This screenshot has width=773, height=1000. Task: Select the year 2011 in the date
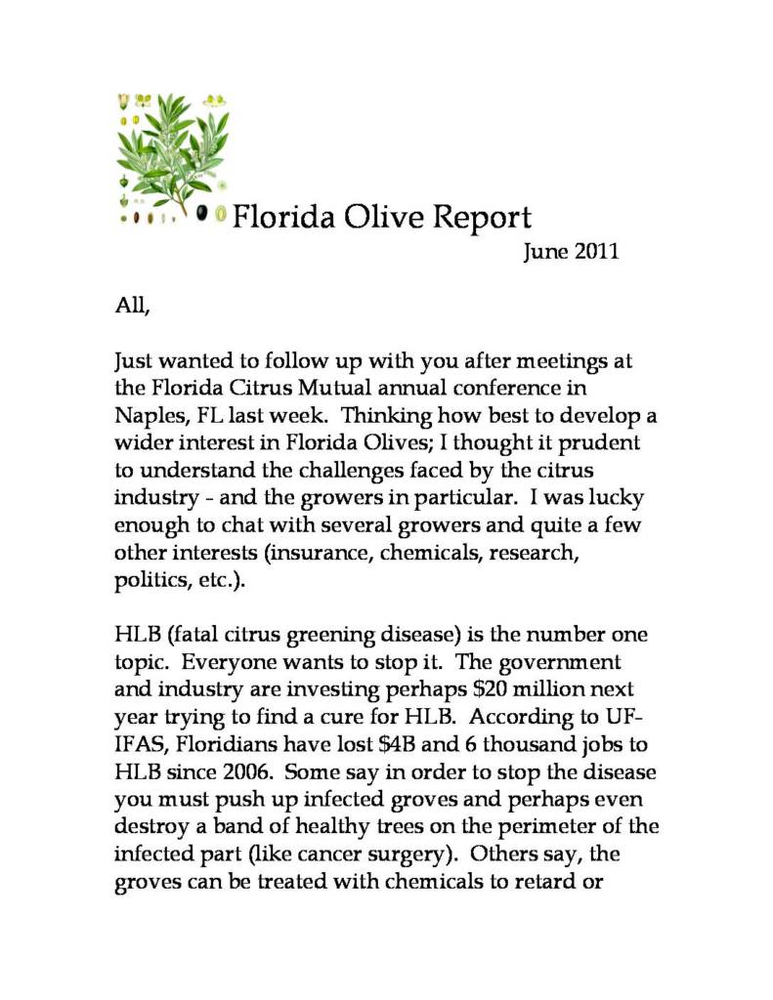[x=596, y=252]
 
